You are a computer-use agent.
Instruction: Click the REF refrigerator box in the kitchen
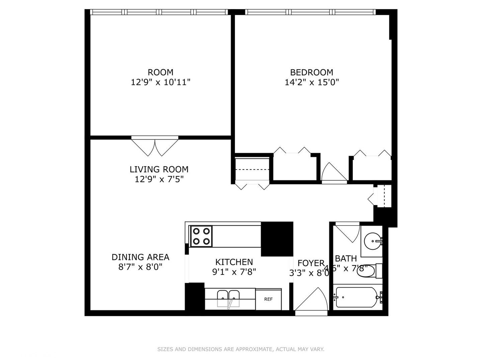268,299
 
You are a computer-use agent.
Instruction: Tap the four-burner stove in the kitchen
201,236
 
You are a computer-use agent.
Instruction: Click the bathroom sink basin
372,241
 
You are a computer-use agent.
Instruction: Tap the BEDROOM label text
312,72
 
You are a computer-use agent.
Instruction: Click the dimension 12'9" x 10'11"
161,82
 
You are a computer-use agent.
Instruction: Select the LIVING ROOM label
159,169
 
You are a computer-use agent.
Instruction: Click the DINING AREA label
140,257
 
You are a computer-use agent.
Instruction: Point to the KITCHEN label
234,262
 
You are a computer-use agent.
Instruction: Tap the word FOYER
311,263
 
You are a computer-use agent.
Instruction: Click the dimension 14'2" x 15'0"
312,82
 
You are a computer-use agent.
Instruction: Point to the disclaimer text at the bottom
241,349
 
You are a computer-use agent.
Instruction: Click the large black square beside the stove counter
277,239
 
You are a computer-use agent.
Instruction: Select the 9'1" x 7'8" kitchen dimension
234,272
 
